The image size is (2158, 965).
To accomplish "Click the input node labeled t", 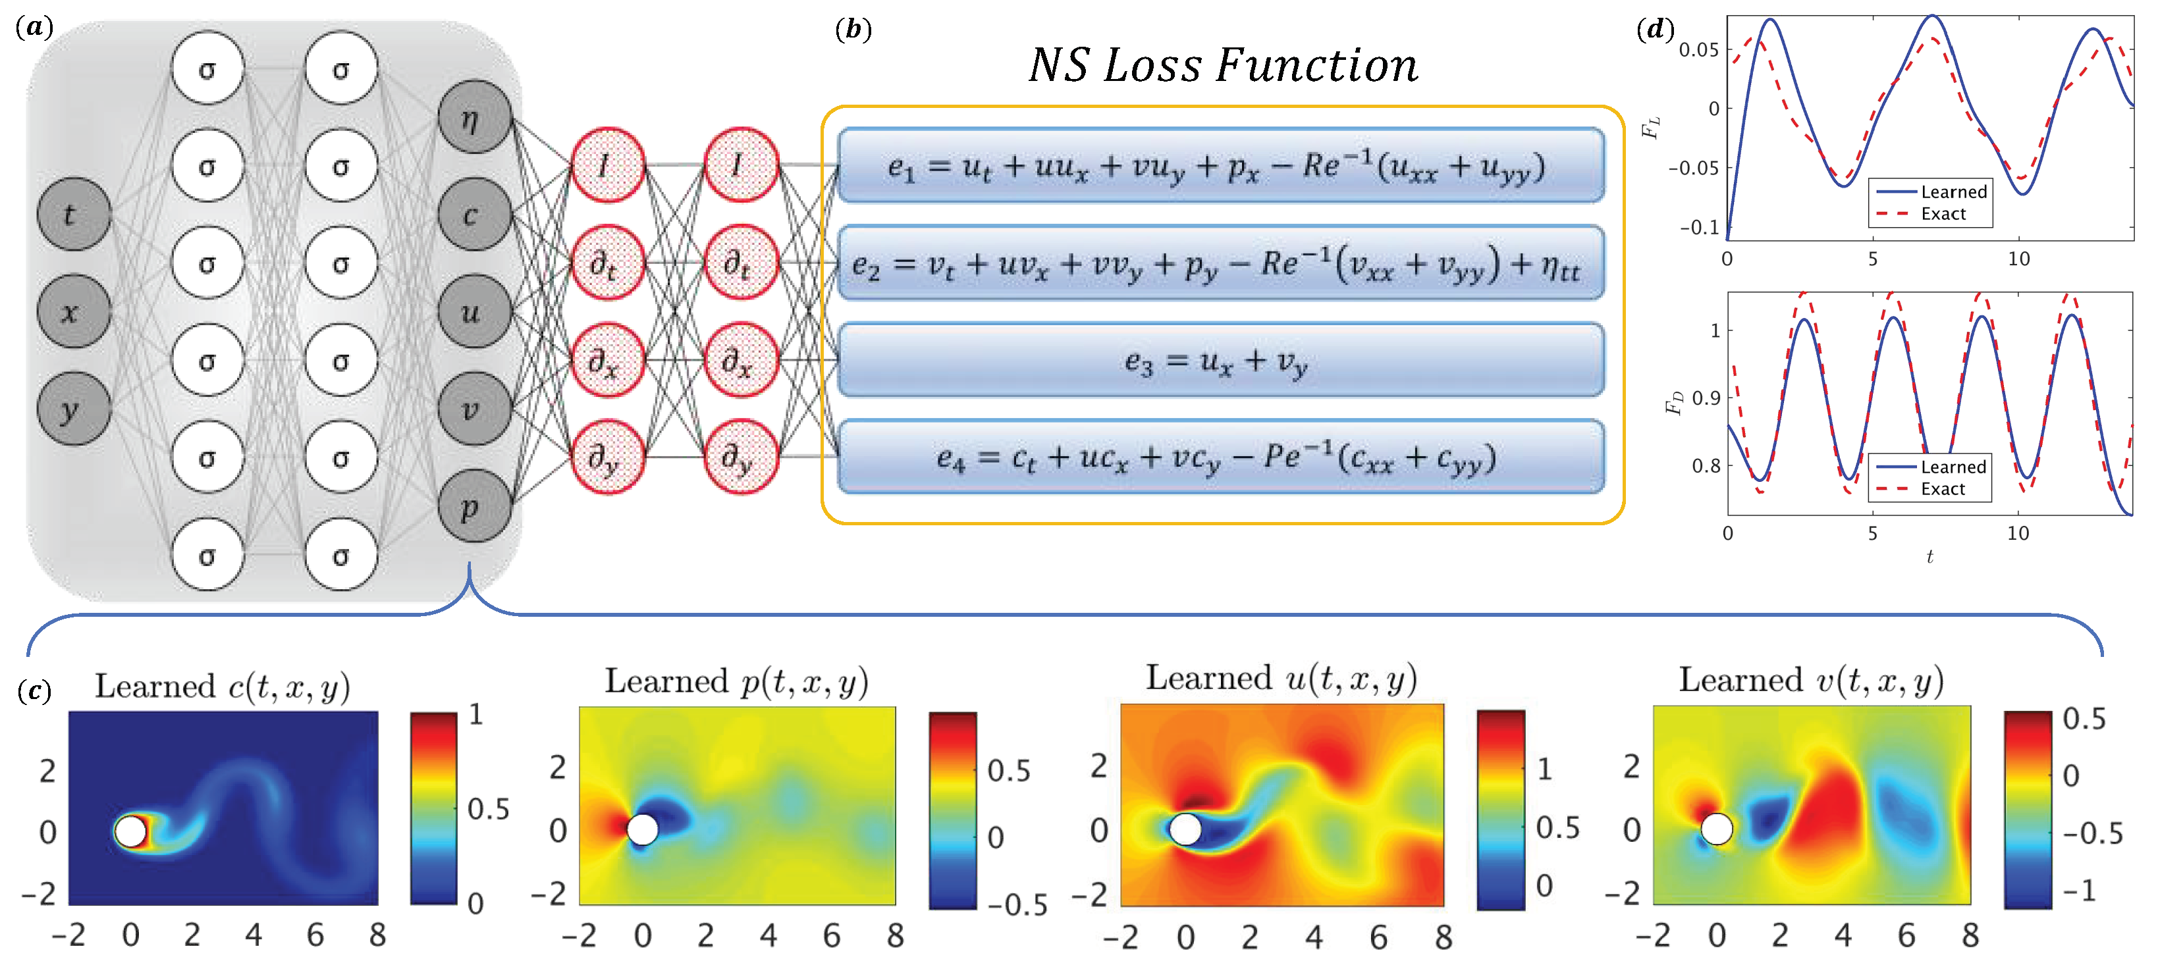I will coord(74,215).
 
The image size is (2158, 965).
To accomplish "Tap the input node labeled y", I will coord(74,409).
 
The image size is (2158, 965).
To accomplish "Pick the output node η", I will coord(474,117).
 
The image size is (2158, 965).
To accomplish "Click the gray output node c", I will coord(474,215).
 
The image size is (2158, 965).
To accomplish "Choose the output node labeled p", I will coord(474,506).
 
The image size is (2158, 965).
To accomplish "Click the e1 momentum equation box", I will coord(1220,165).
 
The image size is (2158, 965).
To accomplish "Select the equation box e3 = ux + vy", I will coord(1220,359).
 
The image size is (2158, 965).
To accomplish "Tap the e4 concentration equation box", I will coord(1220,457).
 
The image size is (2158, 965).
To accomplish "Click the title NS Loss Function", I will coord(1223,65).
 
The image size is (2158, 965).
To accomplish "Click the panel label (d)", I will coord(1654,30).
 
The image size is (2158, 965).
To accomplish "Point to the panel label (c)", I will coord(34,691).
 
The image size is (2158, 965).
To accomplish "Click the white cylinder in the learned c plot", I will coord(130,832).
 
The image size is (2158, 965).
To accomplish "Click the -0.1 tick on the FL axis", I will coord(1699,228).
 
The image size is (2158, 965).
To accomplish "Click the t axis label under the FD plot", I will coord(1929,557).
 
